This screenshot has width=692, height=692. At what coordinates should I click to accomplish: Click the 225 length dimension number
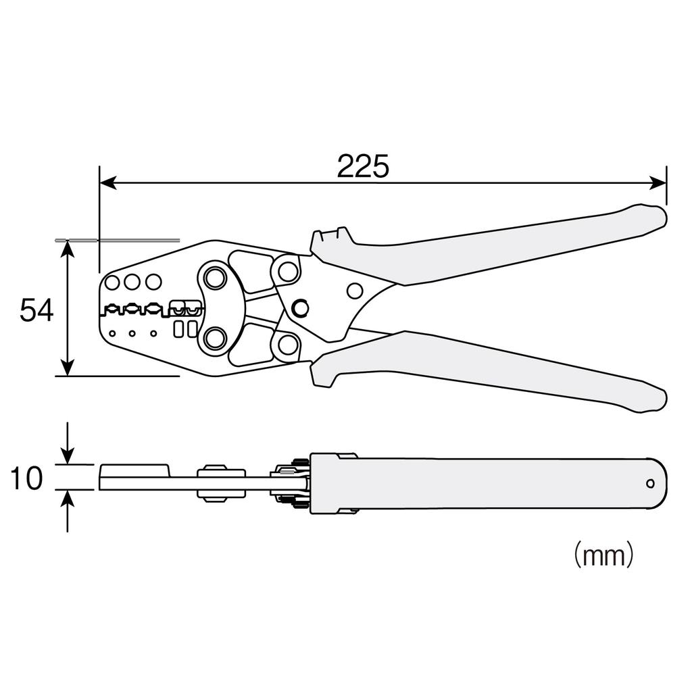(363, 166)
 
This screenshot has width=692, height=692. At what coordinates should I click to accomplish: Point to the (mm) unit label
(603, 555)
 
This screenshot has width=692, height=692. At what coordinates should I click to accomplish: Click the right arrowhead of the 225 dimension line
(658, 182)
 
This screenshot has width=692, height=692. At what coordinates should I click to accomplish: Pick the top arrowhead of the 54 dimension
(67, 249)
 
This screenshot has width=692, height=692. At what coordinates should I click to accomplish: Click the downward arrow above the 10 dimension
(67, 455)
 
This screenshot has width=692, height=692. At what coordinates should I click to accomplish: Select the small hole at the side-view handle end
(650, 483)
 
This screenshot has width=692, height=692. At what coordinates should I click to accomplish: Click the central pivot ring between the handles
(300, 308)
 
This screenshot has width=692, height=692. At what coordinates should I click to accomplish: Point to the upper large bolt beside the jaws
(215, 278)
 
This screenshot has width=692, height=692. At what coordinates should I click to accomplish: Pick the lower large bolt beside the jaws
(215, 337)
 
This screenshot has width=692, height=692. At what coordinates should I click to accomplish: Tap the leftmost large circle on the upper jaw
(112, 282)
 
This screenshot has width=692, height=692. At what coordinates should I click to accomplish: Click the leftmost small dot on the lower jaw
(112, 332)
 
